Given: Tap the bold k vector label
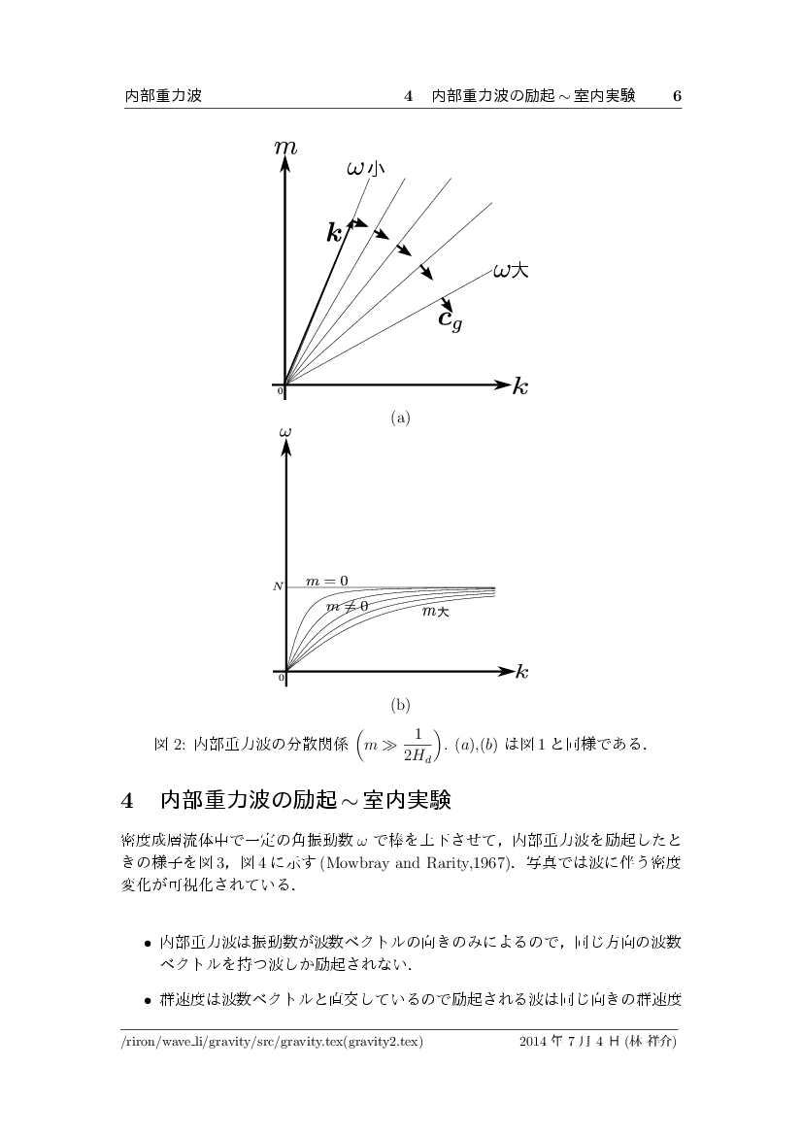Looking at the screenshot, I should click(x=335, y=232).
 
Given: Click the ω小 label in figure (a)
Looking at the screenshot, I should click(x=365, y=168).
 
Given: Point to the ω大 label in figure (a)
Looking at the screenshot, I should click(x=511, y=271).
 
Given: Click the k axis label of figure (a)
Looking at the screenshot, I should click(x=520, y=387).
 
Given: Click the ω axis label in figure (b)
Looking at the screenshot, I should click(x=285, y=430).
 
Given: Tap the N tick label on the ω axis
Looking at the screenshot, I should click(x=277, y=586).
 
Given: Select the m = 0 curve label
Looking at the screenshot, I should click(x=327, y=581).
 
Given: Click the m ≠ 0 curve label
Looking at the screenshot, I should click(x=347, y=605).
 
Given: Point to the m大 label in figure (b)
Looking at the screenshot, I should click(x=435, y=611).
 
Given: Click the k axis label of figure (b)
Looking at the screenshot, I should click(x=521, y=672).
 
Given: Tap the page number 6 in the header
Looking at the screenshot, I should click(x=677, y=96).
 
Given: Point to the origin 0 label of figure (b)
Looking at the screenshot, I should click(x=281, y=678).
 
